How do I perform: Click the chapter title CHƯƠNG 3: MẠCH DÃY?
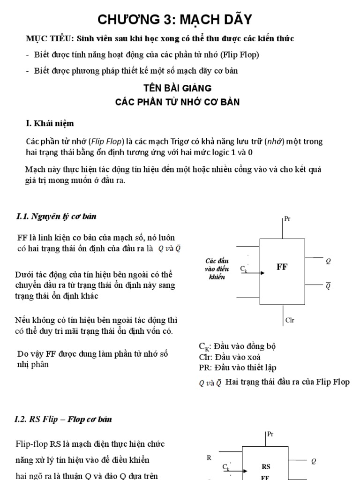pos(175,19)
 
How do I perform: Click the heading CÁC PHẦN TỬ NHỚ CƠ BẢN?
pos(178,102)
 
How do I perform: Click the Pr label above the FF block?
pos(288,219)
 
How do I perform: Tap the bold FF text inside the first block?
pos(282,267)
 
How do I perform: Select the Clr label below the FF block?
pos(289,321)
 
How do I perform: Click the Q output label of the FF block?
pos(328,261)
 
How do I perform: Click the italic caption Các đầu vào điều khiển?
pos(215,269)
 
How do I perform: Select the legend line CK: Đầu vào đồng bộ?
pos(237,347)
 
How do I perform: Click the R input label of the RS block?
pos(209,457)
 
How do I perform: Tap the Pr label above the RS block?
pos(270,435)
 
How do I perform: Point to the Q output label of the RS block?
pos(314,461)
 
